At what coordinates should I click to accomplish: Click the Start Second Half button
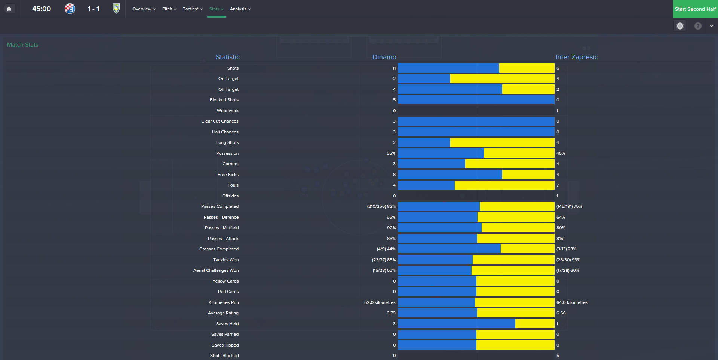click(x=695, y=9)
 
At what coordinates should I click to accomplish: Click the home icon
click(x=9, y=9)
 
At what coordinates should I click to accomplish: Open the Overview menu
click(x=144, y=9)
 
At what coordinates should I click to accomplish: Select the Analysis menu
click(x=240, y=9)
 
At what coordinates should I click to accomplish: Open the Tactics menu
click(x=193, y=9)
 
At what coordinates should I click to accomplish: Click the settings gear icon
click(x=680, y=26)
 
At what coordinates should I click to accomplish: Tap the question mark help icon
click(x=698, y=26)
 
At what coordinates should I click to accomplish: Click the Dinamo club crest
click(x=70, y=9)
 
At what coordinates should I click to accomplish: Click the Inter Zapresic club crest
click(x=116, y=9)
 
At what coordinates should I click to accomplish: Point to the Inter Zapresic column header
click(x=577, y=57)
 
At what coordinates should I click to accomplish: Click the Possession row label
click(x=227, y=153)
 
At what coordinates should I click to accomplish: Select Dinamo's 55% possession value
click(x=391, y=153)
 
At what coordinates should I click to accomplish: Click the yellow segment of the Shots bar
click(x=527, y=68)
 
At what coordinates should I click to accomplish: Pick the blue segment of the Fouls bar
click(x=426, y=185)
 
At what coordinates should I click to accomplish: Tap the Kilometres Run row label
click(x=224, y=302)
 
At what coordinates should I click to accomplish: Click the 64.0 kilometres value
click(x=572, y=302)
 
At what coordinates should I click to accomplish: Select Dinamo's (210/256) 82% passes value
click(x=381, y=206)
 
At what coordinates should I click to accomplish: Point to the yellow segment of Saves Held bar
click(x=535, y=324)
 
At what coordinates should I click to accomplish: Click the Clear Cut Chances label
click(x=220, y=121)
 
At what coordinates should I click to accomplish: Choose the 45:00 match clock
click(x=42, y=9)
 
